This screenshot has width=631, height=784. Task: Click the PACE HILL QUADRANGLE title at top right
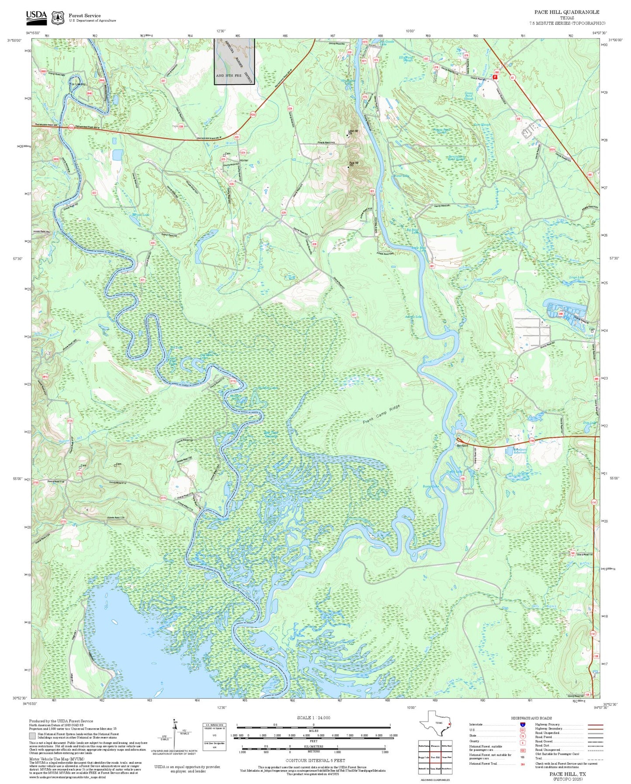[x=567, y=12]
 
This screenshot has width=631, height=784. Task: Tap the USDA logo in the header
[x=36, y=17]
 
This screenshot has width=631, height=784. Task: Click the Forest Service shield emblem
[x=57, y=18]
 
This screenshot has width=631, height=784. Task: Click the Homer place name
[x=244, y=160]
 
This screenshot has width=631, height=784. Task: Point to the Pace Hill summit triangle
[x=348, y=167]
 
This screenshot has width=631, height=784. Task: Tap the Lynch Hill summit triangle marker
[x=347, y=135]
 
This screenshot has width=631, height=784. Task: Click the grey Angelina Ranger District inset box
[x=234, y=61]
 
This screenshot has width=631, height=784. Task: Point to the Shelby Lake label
[x=454, y=472]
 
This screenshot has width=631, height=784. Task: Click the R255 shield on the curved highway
[x=253, y=115]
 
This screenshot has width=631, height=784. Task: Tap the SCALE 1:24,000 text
[x=314, y=718]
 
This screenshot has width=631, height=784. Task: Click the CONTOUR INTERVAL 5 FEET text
[x=315, y=760]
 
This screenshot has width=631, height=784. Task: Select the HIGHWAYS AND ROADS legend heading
[x=531, y=718]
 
